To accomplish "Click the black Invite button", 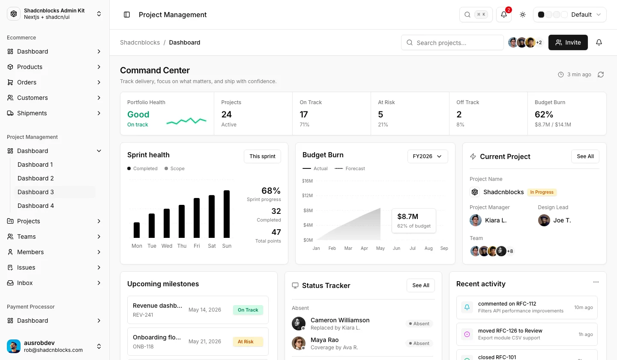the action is (x=568, y=42).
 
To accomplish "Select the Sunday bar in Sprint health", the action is (x=227, y=214).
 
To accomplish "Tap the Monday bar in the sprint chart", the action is (x=137, y=230).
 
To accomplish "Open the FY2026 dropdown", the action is (x=428, y=156).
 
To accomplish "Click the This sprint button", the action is (x=262, y=156).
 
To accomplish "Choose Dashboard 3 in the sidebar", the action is (x=36, y=192).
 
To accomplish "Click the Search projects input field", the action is (x=452, y=43).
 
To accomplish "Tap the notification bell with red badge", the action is (x=504, y=15).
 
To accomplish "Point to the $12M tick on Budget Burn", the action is (x=307, y=195).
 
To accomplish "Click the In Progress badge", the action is (x=542, y=192).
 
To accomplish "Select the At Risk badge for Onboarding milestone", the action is (x=248, y=342).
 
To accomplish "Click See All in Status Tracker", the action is (x=421, y=285).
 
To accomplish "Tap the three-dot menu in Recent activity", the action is (x=596, y=282).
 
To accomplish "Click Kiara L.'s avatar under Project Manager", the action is (x=476, y=220).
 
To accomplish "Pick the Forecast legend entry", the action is (x=350, y=168).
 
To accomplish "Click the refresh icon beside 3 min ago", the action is (x=601, y=75).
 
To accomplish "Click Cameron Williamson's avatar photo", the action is (x=299, y=324).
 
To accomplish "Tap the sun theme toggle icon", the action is (x=523, y=15).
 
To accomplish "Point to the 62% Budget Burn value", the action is (x=544, y=114).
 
